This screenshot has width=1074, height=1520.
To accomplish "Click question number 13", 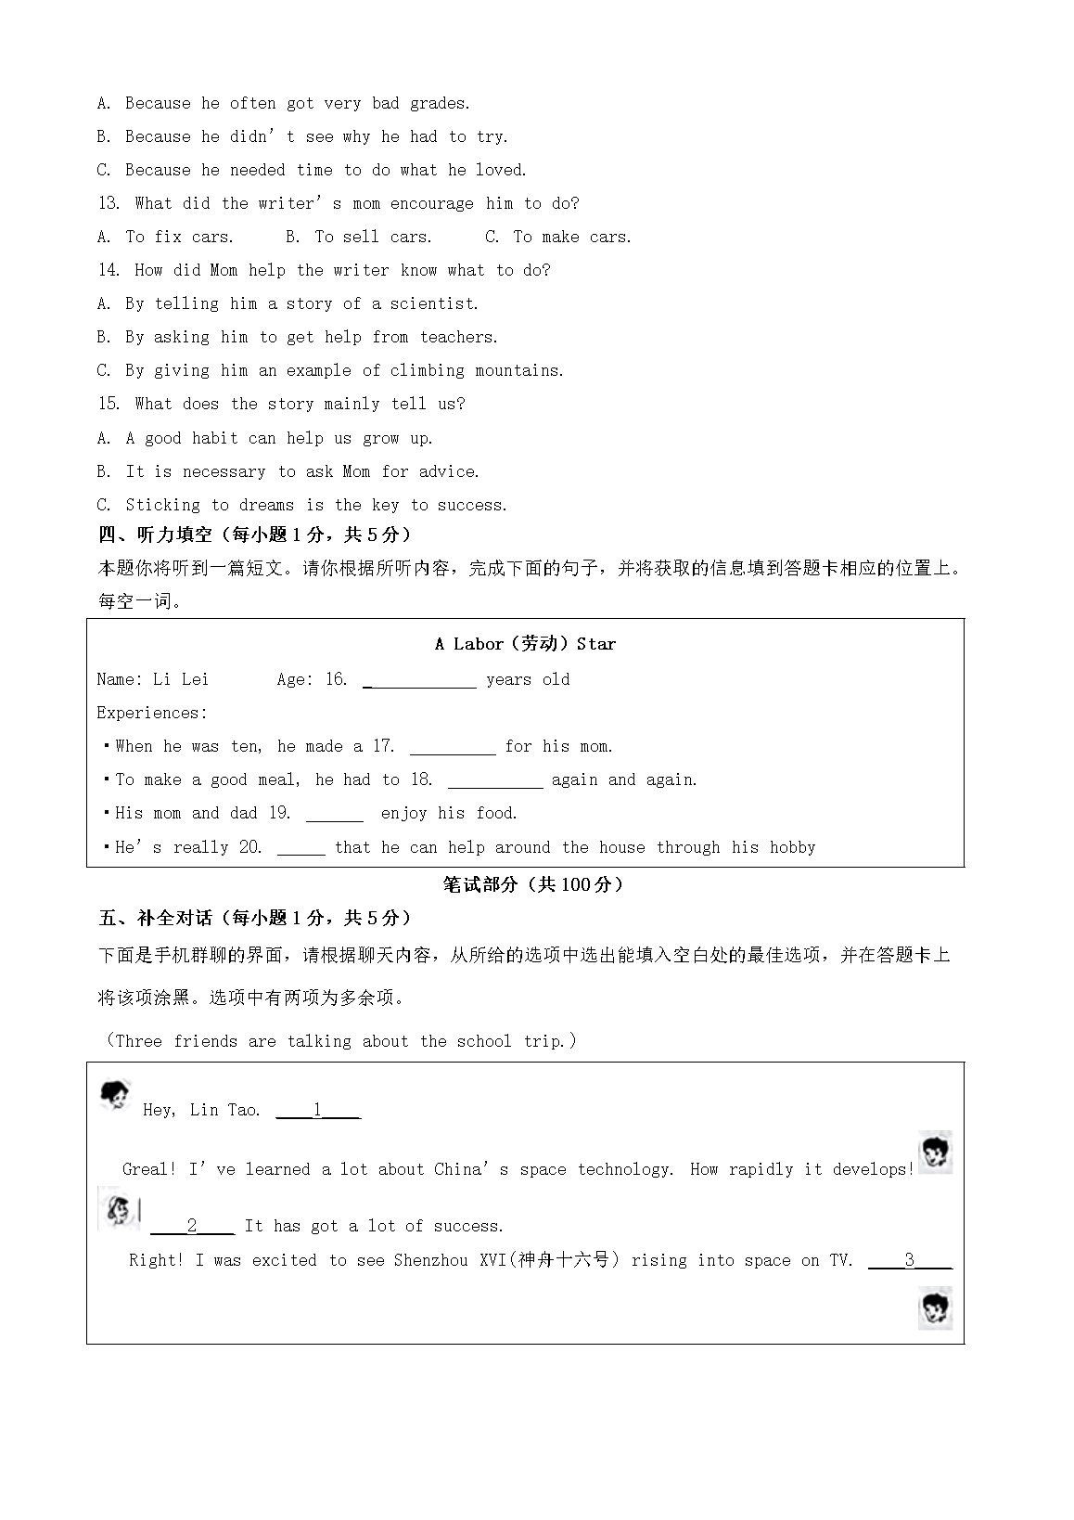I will pyautogui.click(x=109, y=203).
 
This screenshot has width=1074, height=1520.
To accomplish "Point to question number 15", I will pyautogui.click(x=109, y=404).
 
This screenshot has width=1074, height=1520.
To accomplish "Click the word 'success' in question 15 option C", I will pyautogui.click(x=471, y=505).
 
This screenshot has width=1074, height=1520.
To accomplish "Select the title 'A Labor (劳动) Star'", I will pyautogui.click(x=525, y=644).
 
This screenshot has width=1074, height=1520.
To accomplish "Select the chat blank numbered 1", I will pyautogui.click(x=318, y=1111).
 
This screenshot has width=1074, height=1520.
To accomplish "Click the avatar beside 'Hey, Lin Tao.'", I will pyautogui.click(x=115, y=1097).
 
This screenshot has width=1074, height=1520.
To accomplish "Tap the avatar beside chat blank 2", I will pyautogui.click(x=119, y=1209).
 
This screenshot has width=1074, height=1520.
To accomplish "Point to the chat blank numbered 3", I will pyautogui.click(x=910, y=1261).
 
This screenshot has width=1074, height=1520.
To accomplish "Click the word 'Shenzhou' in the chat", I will pyautogui.click(x=432, y=1260).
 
